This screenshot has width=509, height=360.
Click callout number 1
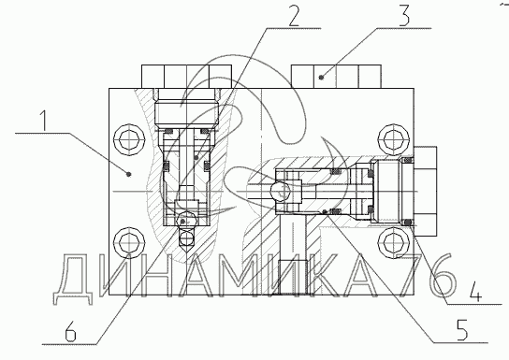pyautogui.click(x=43, y=121)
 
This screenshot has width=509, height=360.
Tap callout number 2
pyautogui.click(x=294, y=15)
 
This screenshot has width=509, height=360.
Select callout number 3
pyautogui.click(x=404, y=15)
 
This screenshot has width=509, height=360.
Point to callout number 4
pyautogui.click(x=474, y=291)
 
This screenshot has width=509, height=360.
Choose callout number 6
pyautogui.click(x=70, y=331)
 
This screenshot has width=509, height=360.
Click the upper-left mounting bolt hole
pyautogui.click(x=129, y=140)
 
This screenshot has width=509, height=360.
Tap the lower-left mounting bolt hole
pyautogui.click(x=129, y=242)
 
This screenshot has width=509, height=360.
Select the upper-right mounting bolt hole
pyautogui.click(x=394, y=140)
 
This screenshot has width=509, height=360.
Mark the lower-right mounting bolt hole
pyautogui.click(x=394, y=242)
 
